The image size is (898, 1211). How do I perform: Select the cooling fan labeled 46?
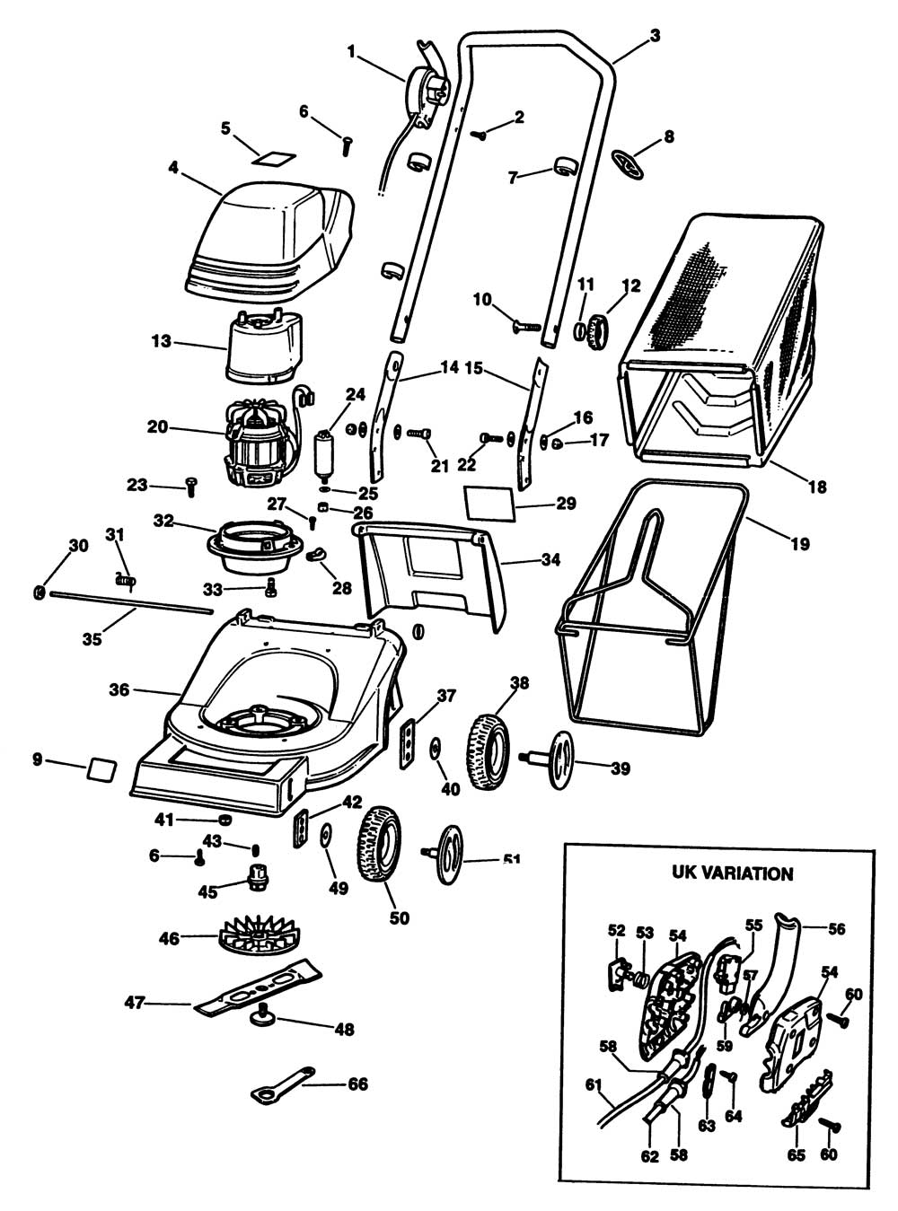257,937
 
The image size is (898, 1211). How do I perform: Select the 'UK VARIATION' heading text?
732,873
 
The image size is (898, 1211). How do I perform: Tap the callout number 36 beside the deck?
119,689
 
